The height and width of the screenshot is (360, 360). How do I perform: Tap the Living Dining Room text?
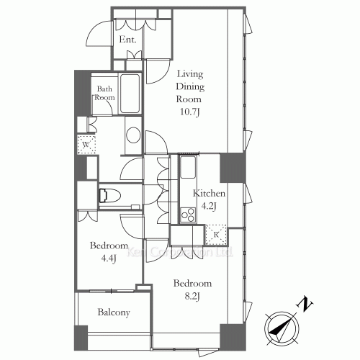[x=191, y=84]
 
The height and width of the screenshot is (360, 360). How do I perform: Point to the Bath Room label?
[x=105, y=93]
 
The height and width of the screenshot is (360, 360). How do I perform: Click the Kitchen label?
[x=210, y=194]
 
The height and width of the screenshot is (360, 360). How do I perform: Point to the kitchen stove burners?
[x=189, y=214]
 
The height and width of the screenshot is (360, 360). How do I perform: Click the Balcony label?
[x=113, y=312]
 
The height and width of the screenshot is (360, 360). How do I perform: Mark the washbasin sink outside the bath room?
[x=133, y=136]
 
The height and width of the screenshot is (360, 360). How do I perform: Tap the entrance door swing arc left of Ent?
[x=96, y=32]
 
